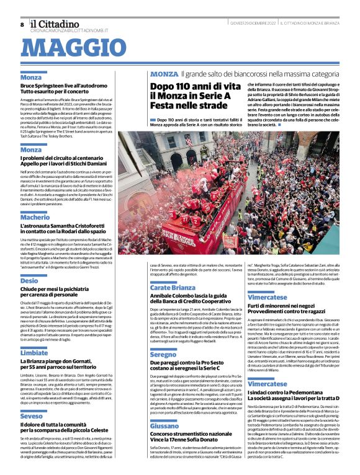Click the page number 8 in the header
pyautogui.click(x=22, y=24)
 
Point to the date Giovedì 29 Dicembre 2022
pyautogui.click(x=247, y=23)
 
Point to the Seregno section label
pyautogui.click(x=163, y=354)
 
